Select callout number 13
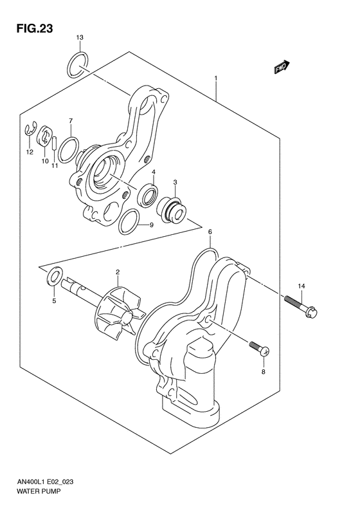(x=79, y=39)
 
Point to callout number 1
(x=216, y=80)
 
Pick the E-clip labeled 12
(x=30, y=131)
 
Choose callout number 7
(x=70, y=120)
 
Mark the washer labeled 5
(x=55, y=277)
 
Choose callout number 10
(x=44, y=161)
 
